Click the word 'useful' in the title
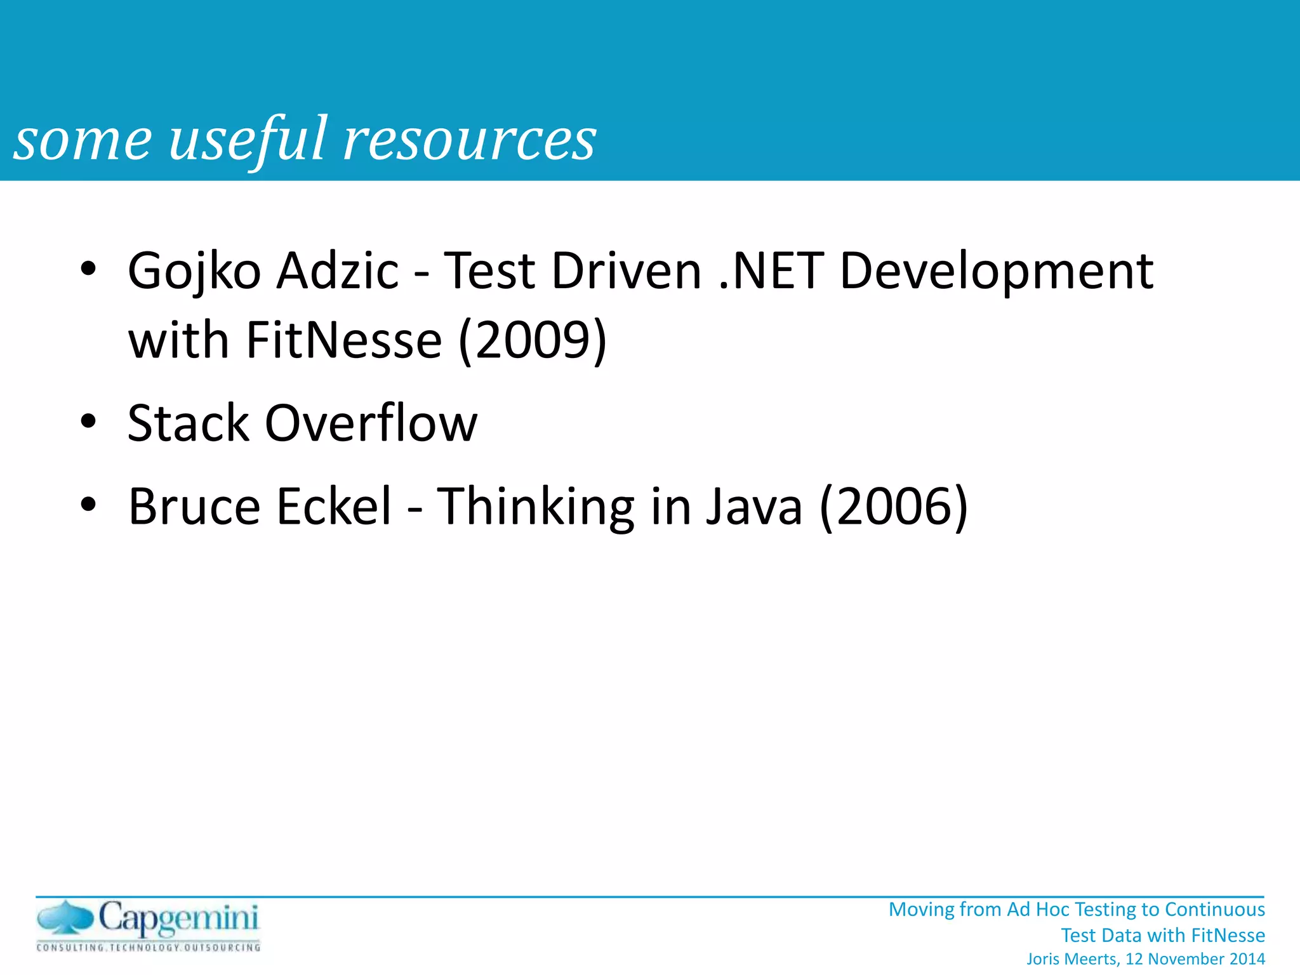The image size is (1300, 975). (249, 140)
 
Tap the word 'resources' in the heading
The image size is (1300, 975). (470, 140)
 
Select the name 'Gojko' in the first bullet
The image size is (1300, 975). (194, 272)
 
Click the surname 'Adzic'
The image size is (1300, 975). (338, 270)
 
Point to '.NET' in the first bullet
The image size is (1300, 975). (771, 270)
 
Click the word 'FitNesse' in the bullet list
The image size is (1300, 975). (344, 340)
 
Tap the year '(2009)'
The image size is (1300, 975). (533, 340)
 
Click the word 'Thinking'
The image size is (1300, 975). (536, 507)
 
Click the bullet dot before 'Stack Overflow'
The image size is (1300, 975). (88, 421)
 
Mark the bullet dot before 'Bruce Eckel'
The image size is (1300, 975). (88, 504)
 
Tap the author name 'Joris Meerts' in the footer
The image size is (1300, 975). (1073, 959)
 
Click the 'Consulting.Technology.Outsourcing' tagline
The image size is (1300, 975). (149, 948)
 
